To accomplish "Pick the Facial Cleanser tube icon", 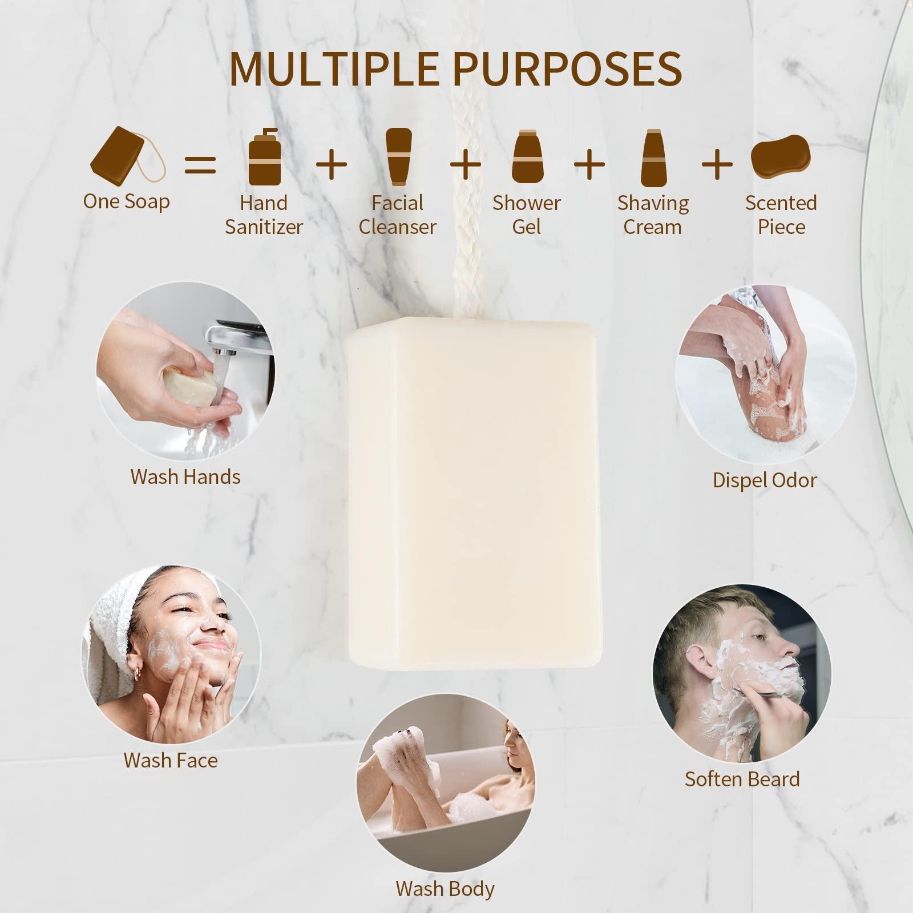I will [398, 156].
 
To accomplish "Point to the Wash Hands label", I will [185, 476].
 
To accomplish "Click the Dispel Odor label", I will [765, 480].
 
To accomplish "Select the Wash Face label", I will [171, 760].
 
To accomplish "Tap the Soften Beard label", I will [742, 779].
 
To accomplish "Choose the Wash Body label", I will [445, 888].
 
